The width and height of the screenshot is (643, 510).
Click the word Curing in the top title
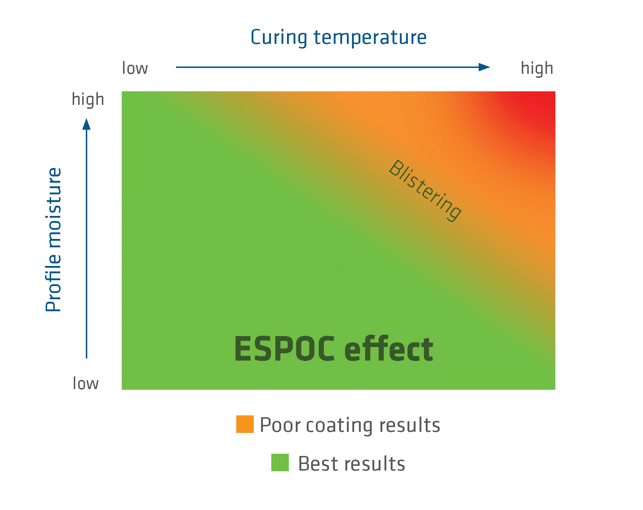coord(279,38)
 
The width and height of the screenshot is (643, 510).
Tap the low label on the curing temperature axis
coord(135,68)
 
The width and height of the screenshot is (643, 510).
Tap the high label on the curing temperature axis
coord(537,68)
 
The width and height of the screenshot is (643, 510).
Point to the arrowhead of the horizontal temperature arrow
coord(485,67)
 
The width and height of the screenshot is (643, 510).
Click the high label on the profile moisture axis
coord(88,99)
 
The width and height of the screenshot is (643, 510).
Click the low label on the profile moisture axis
coord(85,384)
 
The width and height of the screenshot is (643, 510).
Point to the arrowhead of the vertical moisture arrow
coord(87,125)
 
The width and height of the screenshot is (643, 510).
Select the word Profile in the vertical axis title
coord(53,281)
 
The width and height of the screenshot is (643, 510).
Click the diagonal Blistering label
coord(425,190)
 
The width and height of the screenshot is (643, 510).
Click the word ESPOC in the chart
coord(284,349)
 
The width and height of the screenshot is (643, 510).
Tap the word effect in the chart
coord(389,349)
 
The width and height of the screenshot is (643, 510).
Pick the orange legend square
coord(245,424)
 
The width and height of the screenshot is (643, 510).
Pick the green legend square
coord(280,463)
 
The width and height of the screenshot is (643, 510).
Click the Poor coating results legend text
coord(350,425)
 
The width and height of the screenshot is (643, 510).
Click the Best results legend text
coord(351,464)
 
